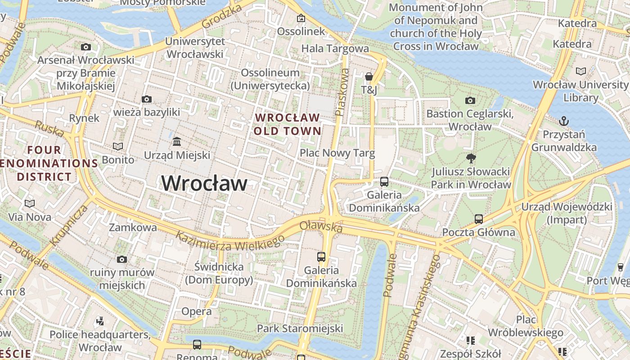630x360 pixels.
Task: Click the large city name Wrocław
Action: pyautogui.click(x=204, y=184)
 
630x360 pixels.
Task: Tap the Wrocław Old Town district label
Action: pyautogui.click(x=288, y=125)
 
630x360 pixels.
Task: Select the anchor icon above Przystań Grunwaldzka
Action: pyautogui.click(x=563, y=121)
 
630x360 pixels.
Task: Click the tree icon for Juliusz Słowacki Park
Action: pyautogui.click(x=471, y=158)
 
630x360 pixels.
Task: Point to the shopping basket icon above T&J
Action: pyautogui.click(x=369, y=77)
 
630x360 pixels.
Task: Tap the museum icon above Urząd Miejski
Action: pyautogui.click(x=177, y=142)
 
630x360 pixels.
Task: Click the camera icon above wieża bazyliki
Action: pyautogui.click(x=146, y=99)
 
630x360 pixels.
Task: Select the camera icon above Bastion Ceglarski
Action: pyautogui.click(x=470, y=100)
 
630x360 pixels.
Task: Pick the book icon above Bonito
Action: pyautogui.click(x=118, y=146)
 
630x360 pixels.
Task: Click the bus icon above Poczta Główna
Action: pyautogui.click(x=478, y=219)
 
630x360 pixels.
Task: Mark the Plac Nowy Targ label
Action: pyautogui.click(x=337, y=153)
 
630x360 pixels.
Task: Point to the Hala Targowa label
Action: pyautogui.click(x=335, y=49)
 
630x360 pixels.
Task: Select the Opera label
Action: pyautogui.click(x=196, y=311)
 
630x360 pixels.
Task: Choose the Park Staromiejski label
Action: pyautogui.click(x=300, y=328)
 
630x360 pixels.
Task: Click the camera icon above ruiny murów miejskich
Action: pyautogui.click(x=121, y=259)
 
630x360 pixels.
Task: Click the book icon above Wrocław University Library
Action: pyautogui.click(x=581, y=71)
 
